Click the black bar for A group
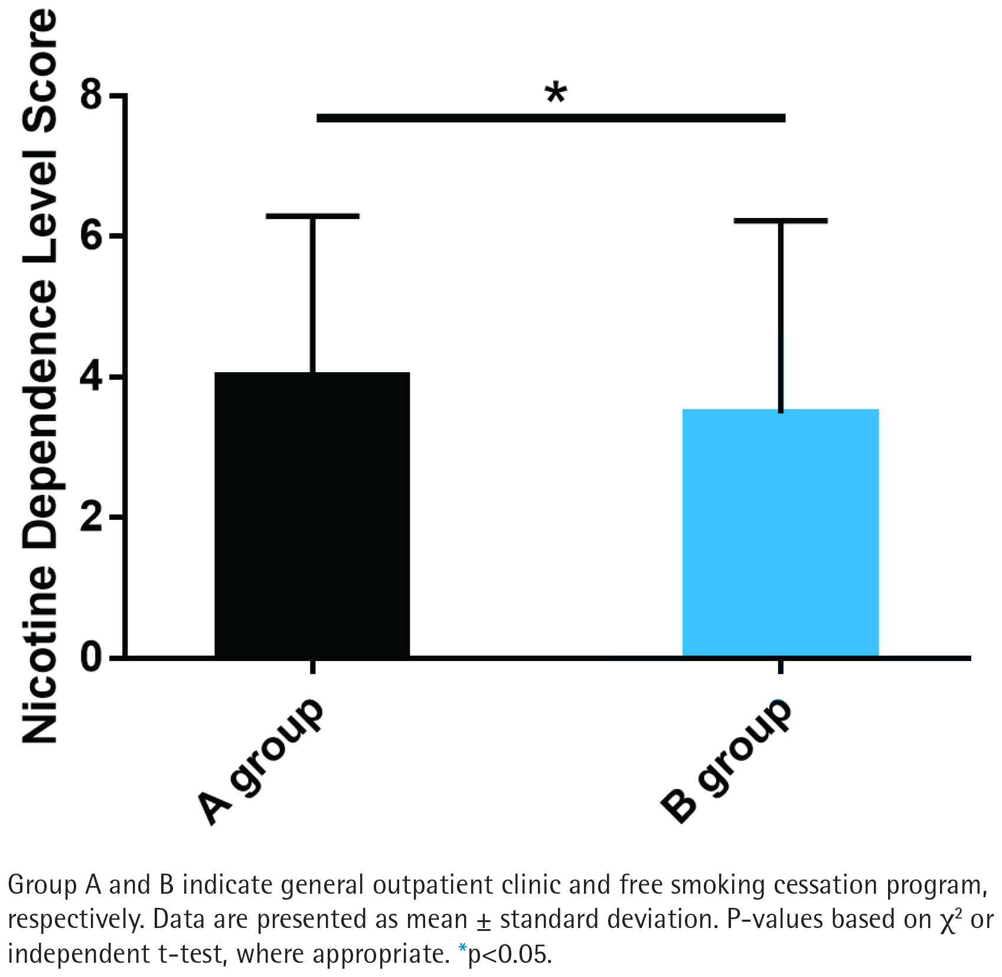[x=312, y=514]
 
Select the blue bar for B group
[x=780, y=532]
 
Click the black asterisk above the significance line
[x=556, y=93]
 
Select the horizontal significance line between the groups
[x=551, y=118]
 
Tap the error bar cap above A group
[x=312, y=216]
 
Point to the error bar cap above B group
[x=780, y=221]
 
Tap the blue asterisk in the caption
[x=462, y=949]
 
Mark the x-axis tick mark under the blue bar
[x=780, y=666]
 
